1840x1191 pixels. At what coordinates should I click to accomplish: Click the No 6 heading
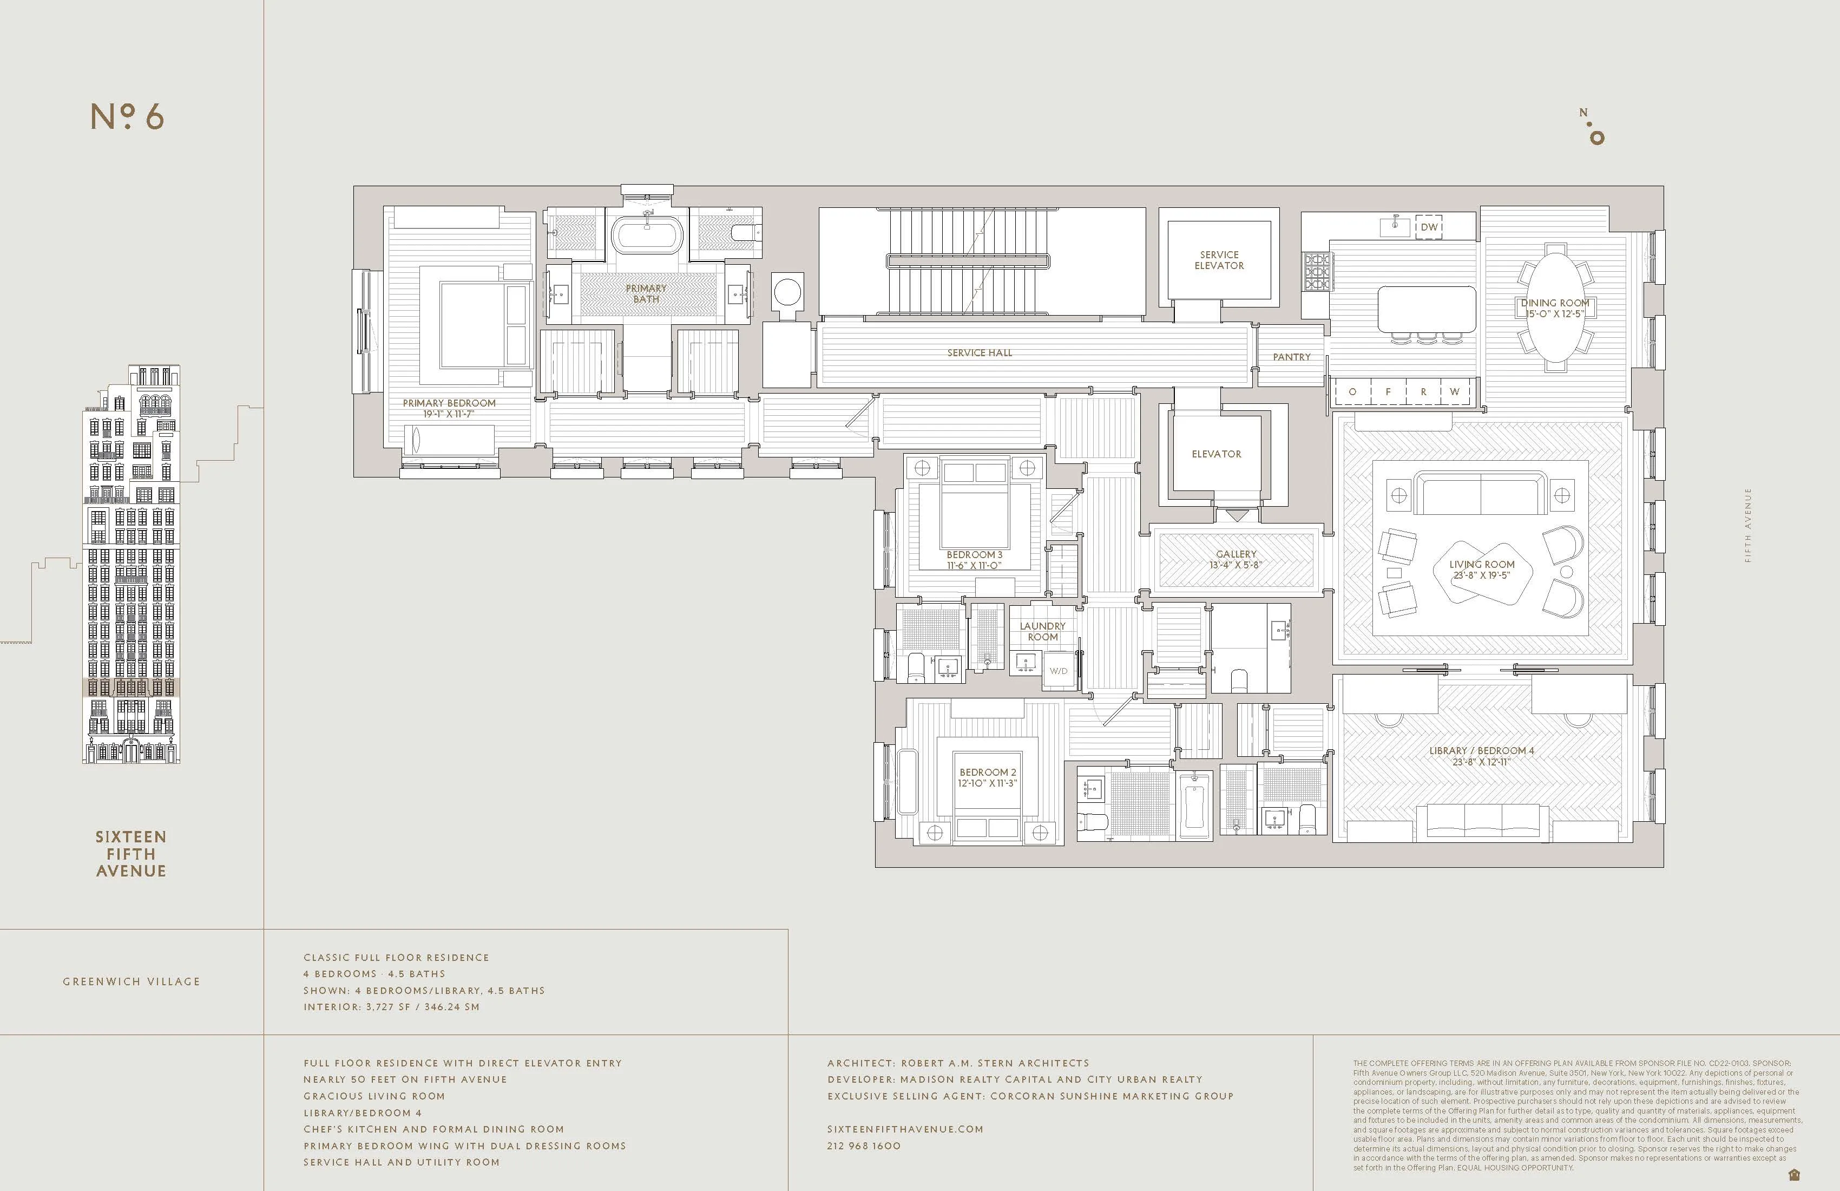(x=128, y=117)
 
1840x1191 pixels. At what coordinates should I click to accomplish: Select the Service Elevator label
(x=1219, y=260)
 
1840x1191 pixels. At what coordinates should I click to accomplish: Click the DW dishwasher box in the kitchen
(x=1429, y=227)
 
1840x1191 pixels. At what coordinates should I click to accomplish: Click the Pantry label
(x=1291, y=357)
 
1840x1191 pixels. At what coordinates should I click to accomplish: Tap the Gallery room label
(x=1236, y=554)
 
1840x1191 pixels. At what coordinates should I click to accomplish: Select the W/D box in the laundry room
(x=1059, y=671)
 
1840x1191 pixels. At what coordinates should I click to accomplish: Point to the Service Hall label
(x=979, y=352)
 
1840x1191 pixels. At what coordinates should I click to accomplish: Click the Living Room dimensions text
(x=1481, y=575)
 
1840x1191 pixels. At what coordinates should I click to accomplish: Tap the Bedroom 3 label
(x=974, y=554)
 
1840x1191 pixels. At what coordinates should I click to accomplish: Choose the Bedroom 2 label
(x=987, y=772)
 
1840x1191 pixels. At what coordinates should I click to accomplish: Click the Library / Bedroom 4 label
(x=1481, y=750)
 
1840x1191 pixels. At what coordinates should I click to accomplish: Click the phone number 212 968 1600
(x=864, y=1146)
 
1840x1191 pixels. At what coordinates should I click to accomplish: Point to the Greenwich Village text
(x=132, y=981)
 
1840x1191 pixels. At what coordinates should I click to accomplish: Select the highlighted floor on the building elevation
(x=130, y=688)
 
